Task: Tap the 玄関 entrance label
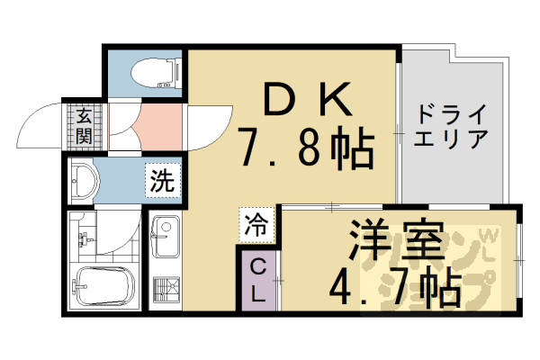82,125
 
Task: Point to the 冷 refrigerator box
254,224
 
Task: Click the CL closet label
256,279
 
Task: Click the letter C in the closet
256,266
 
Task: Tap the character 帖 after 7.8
348,148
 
